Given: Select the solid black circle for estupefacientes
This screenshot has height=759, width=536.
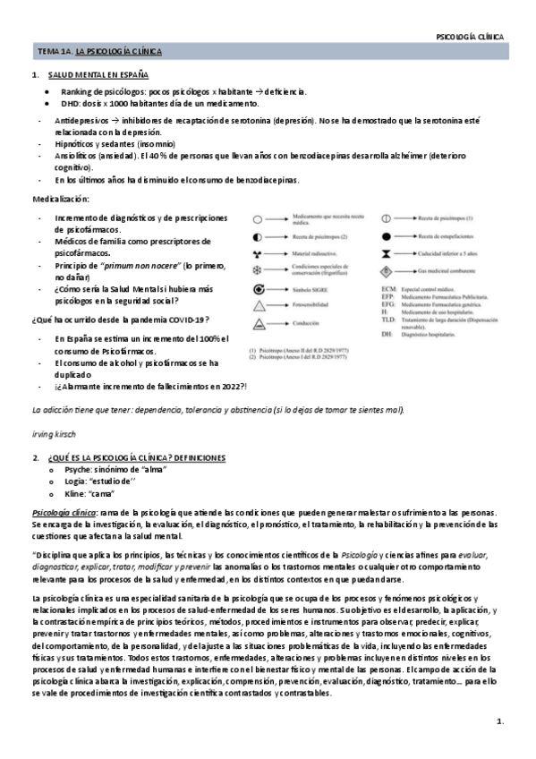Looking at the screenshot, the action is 387,235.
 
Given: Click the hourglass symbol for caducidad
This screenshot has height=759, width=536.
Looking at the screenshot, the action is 387,253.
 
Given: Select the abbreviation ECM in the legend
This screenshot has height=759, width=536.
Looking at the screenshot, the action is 388,288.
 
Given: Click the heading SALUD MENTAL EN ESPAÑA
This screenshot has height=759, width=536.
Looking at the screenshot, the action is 98,75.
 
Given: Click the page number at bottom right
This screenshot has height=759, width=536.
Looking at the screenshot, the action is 500,721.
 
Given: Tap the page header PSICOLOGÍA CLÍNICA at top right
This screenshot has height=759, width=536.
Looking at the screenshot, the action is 469,37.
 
